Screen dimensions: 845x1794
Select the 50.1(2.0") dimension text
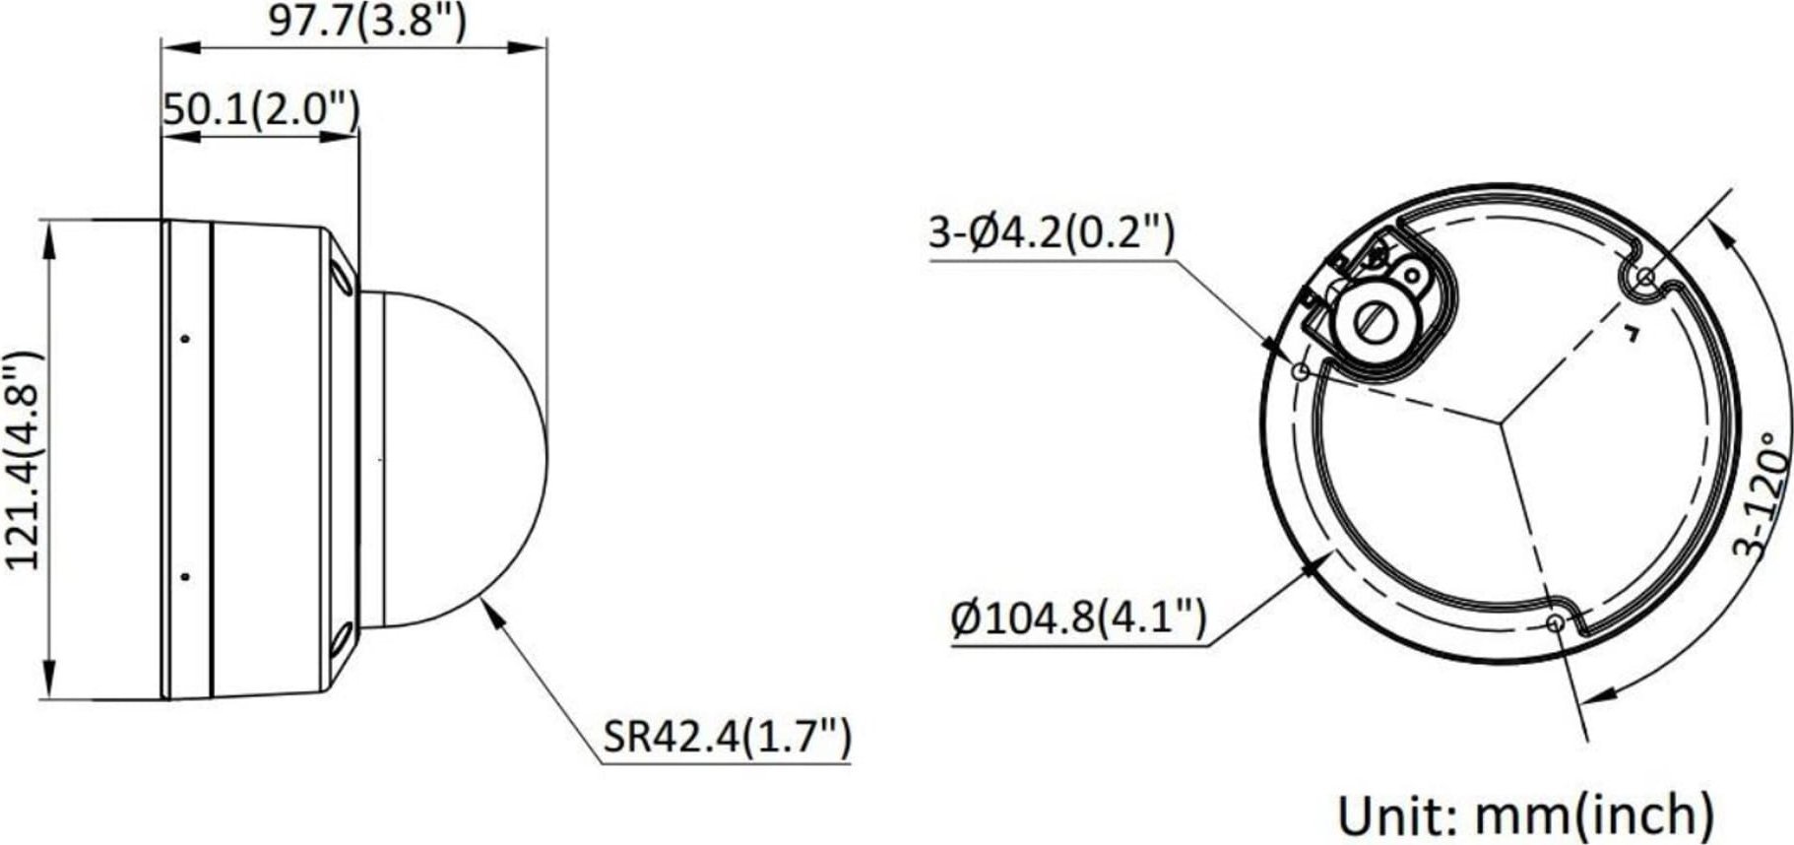pos(261,110)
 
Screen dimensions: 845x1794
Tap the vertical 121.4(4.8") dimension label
pos(24,459)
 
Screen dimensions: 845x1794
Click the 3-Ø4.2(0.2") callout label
pos(1052,234)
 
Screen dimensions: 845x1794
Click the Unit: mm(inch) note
pos(1524,813)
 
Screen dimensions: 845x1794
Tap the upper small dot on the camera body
pos(185,339)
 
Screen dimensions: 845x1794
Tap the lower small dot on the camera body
pos(185,576)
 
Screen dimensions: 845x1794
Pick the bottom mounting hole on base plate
pos(1555,622)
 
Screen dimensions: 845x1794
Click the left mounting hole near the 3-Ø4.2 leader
pos(1300,372)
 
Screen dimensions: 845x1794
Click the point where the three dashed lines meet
pos(1501,422)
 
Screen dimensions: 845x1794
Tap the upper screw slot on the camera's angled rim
pos(344,276)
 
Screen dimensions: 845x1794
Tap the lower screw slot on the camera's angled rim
pos(342,641)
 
